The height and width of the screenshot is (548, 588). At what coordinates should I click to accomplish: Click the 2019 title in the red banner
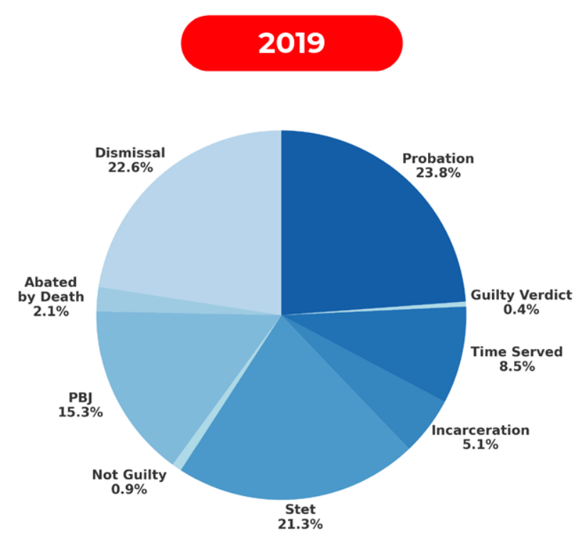pos(292,43)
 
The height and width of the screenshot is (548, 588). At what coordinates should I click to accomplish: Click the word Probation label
pos(438,159)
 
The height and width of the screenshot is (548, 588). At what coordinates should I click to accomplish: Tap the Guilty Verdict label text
pos(521,295)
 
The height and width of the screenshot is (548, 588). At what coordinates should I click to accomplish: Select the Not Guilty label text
pos(129,475)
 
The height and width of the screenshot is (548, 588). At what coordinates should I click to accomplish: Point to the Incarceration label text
pos(481,430)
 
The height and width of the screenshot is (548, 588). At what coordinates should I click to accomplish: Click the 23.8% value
pos(439,173)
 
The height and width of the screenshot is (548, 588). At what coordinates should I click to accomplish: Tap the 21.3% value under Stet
pos(300,524)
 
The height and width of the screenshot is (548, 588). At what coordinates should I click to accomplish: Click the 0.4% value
pos(521,309)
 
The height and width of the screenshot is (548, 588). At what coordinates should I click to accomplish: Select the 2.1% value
pos(51,311)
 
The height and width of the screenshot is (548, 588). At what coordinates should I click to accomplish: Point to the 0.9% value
pos(129,489)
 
